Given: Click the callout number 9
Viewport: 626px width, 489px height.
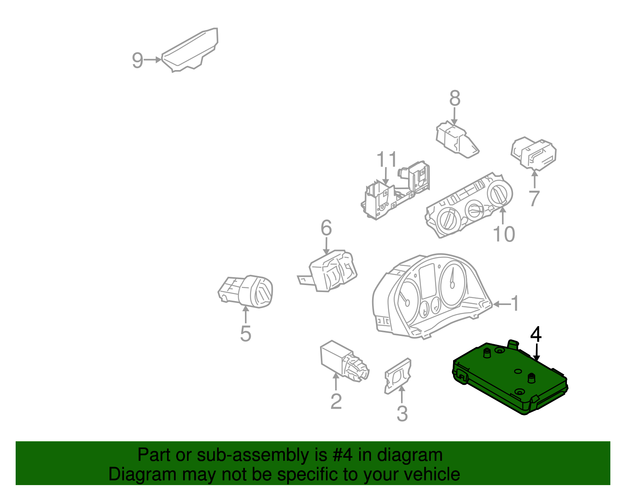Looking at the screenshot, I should (x=137, y=60).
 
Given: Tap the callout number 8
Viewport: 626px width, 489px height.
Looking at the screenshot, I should (x=454, y=99).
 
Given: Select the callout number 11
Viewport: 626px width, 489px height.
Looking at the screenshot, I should (x=387, y=160).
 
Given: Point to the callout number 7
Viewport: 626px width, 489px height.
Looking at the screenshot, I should (x=534, y=198).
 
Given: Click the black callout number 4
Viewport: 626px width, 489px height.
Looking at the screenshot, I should (x=536, y=335).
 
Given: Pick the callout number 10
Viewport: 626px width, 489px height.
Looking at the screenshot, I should (x=504, y=234).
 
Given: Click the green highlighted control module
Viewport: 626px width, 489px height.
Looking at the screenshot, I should (x=509, y=378).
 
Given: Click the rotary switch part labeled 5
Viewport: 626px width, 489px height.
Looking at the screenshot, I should (x=246, y=292).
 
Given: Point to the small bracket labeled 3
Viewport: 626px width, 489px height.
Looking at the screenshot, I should (x=398, y=375).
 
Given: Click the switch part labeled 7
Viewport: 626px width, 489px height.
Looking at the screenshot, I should (x=534, y=153).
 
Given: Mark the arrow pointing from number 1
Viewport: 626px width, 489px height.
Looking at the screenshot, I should (x=502, y=304).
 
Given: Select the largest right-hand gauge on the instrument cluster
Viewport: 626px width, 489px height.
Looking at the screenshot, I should (x=452, y=283).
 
